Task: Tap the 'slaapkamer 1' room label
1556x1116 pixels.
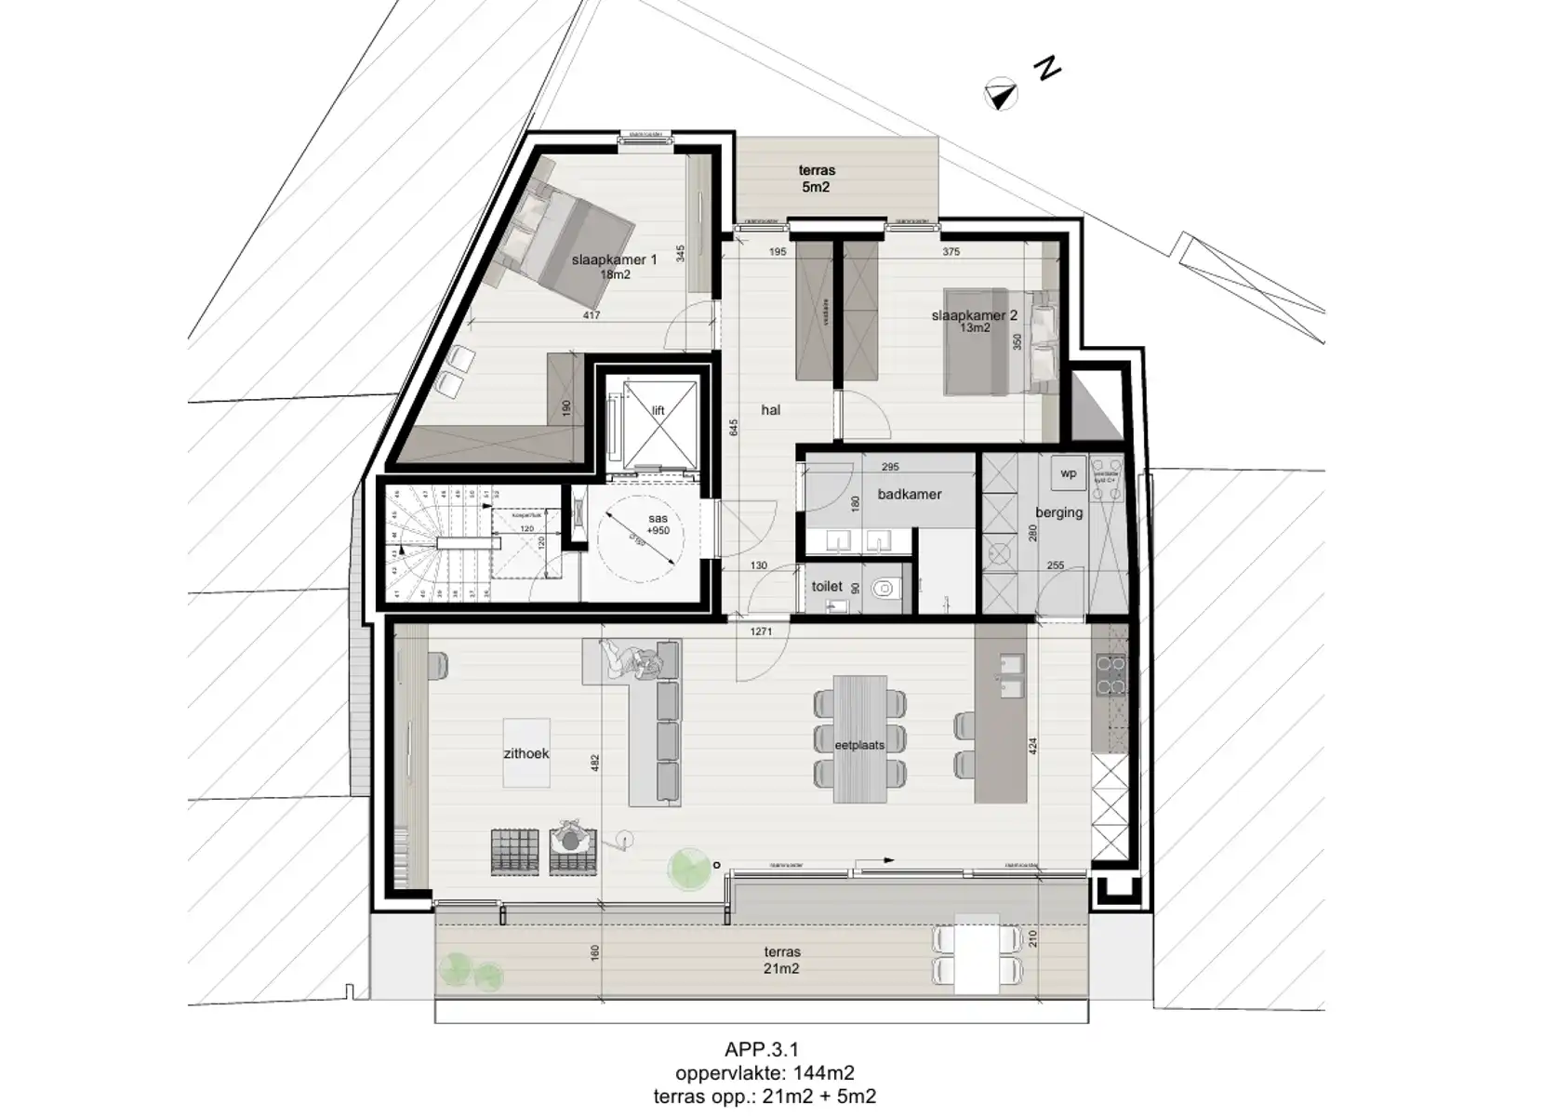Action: (614, 260)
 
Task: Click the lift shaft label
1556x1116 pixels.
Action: (658, 411)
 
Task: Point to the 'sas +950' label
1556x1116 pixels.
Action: (658, 525)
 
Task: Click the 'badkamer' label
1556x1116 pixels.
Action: (909, 495)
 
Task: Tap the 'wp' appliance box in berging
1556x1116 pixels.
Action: (1068, 474)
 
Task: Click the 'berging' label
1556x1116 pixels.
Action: (1058, 512)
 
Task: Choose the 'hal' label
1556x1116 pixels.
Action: (770, 410)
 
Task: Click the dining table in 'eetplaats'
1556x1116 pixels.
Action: (859, 738)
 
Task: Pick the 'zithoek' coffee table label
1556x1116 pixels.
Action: (526, 753)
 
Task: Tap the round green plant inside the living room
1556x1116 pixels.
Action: (688, 869)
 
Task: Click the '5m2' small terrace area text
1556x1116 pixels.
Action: (815, 187)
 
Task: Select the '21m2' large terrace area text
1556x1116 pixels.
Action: (781, 969)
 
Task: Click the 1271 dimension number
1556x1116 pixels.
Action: (761, 632)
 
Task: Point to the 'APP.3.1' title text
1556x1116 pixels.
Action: (762, 1050)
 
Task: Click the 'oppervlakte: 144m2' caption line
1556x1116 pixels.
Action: (765, 1074)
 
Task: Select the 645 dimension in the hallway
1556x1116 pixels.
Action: (734, 428)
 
